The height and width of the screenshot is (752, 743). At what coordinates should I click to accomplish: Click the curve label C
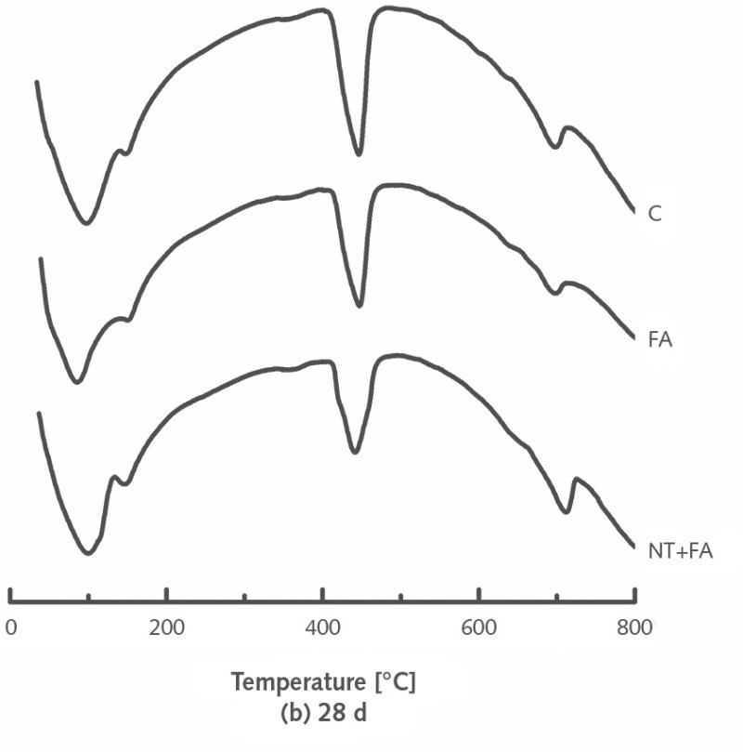(655, 214)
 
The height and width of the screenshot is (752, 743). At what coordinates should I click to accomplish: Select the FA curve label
(660, 339)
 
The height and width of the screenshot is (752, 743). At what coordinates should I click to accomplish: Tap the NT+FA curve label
(680, 551)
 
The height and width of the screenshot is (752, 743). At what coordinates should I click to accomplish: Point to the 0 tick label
(10, 627)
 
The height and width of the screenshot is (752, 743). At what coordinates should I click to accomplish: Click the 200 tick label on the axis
(166, 627)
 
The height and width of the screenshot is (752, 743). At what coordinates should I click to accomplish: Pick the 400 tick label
(322, 627)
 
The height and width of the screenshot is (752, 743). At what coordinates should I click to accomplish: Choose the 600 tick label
(479, 627)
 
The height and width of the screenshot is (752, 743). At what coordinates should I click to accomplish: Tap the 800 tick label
(635, 627)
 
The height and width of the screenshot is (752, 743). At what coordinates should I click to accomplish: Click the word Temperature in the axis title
(298, 682)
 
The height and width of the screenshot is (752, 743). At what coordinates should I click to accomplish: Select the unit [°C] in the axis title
(394, 682)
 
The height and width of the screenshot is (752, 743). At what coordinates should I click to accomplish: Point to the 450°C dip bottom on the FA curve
(358, 306)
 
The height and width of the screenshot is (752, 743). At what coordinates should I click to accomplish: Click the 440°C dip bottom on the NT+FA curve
(354, 453)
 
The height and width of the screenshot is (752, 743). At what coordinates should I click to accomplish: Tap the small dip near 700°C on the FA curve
(556, 293)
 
